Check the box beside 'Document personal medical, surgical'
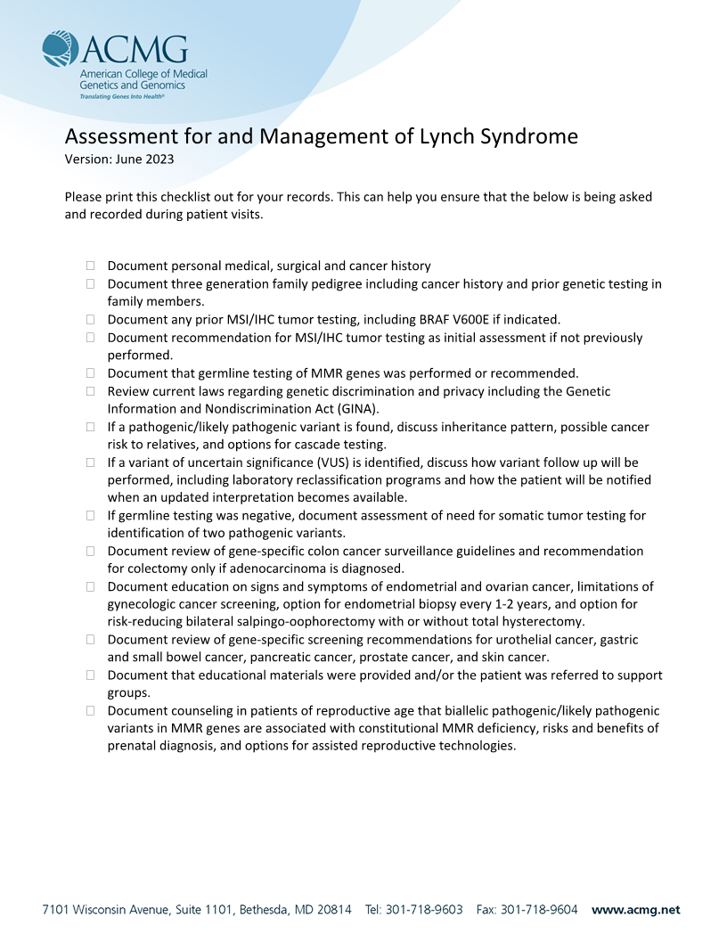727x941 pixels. tap(90, 266)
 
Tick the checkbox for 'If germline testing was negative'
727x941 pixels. tap(90, 515)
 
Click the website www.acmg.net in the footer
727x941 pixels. tap(635, 910)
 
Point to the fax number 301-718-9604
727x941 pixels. tap(539, 910)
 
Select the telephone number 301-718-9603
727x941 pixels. tap(424, 910)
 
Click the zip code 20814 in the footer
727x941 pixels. tap(333, 910)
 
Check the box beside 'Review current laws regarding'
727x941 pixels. tap(90, 391)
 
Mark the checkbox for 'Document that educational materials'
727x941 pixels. tap(90, 675)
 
